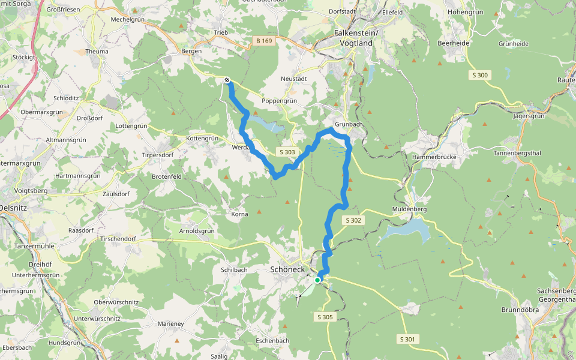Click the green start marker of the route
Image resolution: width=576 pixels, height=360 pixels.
pos(317,280)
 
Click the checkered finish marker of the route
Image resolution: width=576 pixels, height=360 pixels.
pos(227,80)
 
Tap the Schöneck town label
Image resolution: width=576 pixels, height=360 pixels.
pos(289,269)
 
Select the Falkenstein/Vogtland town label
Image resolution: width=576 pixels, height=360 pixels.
pos(356,38)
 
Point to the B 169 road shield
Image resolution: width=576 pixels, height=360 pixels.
pos(263,41)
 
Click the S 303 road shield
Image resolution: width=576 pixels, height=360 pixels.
pos(287,152)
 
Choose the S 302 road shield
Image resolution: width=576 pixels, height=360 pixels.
pos(353,221)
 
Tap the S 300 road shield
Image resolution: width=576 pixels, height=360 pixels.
pos(479,75)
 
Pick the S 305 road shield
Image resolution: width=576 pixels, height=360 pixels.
pos(323,317)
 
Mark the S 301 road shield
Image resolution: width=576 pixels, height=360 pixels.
pos(407,340)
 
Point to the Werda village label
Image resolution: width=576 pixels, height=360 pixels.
pos(240,146)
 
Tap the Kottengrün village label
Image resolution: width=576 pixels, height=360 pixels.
pos(203,138)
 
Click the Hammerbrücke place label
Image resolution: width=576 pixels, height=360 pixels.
pos(434,157)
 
